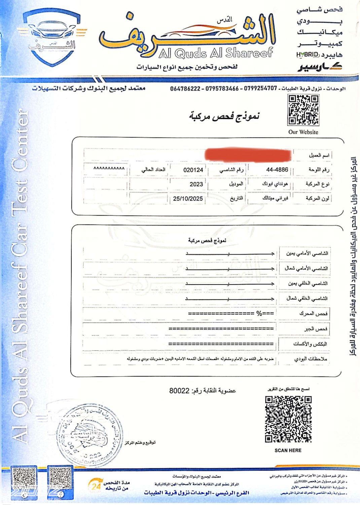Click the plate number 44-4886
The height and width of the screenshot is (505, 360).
pyautogui.click(x=277, y=170)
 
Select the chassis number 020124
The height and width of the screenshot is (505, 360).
pyautogui.click(x=193, y=170)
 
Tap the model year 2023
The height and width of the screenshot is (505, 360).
pyautogui.click(x=196, y=184)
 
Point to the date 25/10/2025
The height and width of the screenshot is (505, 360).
pyautogui.click(x=188, y=199)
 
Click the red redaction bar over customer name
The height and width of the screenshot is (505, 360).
pyautogui.click(x=248, y=155)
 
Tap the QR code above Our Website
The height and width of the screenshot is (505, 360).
pyautogui.click(x=303, y=110)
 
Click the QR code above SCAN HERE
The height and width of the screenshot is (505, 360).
pyautogui.click(x=288, y=419)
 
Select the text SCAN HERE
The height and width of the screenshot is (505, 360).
pyautogui.click(x=288, y=450)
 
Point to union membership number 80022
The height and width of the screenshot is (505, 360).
pyautogui.click(x=180, y=391)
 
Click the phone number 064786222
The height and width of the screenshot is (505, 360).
pyautogui.click(x=185, y=89)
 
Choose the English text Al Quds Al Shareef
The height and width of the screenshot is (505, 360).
pyautogui.click(x=215, y=53)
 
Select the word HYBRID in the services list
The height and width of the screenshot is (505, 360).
pyautogui.click(x=307, y=55)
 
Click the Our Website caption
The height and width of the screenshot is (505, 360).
pyautogui.click(x=303, y=132)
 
